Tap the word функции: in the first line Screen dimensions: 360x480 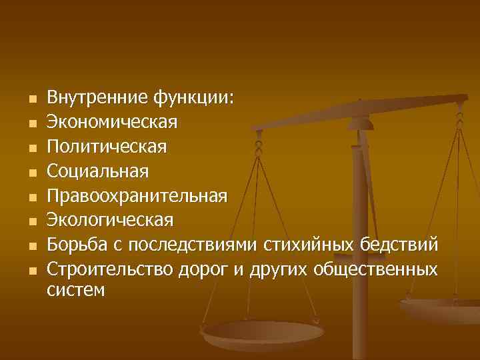(x=193, y=99)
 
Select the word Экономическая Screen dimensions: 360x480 (x=112, y=122)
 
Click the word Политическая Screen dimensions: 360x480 (x=107, y=147)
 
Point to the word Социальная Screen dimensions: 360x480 (x=98, y=171)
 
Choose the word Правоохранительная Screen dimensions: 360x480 (x=137, y=196)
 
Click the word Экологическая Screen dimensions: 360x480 (x=110, y=220)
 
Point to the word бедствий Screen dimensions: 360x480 (x=399, y=244)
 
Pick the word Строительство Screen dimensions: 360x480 (x=110, y=269)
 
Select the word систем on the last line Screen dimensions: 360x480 (x=76, y=291)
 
